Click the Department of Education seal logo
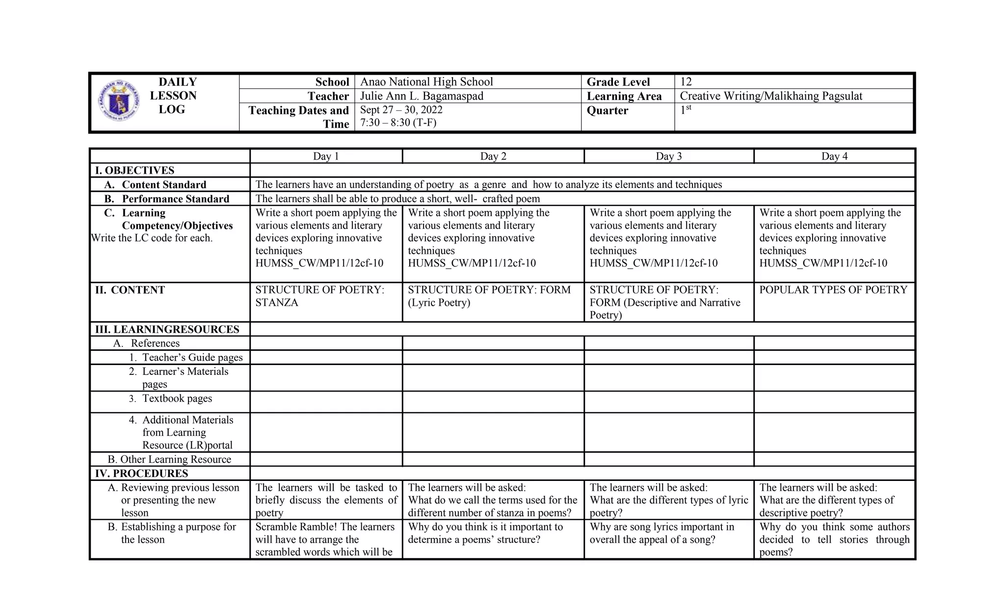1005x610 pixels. point(119,101)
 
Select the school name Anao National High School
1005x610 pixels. point(426,82)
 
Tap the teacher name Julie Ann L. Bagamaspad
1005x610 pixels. point(422,96)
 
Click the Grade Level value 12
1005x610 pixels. point(686,82)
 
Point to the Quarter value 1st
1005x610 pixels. point(685,109)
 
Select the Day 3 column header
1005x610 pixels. point(668,157)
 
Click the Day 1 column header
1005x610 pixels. point(326,157)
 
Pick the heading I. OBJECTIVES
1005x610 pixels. point(134,170)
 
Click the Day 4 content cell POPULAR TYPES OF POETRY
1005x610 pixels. point(833,290)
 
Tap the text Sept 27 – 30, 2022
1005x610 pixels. point(401,110)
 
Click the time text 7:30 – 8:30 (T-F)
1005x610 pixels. point(398,123)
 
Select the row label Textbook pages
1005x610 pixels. point(177,398)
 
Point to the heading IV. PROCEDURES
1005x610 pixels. point(141,474)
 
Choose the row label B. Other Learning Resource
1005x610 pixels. point(169,459)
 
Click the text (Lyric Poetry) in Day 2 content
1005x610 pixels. point(439,303)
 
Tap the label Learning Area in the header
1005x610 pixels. point(624,96)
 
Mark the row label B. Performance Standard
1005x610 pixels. point(167,199)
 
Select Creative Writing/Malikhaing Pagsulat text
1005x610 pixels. point(770,96)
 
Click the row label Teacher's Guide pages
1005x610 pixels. point(192,357)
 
